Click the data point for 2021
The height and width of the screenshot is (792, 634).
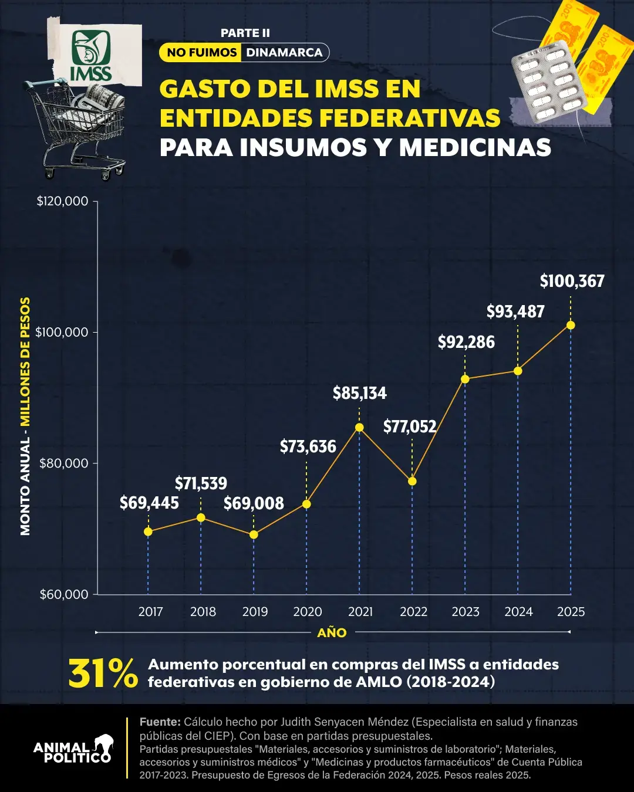pos(359,427)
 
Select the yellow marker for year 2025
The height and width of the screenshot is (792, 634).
pos(570,325)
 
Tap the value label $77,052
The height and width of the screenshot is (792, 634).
pos(410,427)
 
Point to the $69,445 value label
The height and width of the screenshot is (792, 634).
pos(149,503)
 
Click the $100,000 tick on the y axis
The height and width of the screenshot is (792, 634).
pos(62,332)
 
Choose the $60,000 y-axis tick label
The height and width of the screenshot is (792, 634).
pos(63,594)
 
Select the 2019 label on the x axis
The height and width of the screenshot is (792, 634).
pos(255,611)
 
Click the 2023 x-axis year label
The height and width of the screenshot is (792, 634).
pos(466,611)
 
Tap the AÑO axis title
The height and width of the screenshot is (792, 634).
pos(332,632)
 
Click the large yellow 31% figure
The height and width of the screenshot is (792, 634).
pos(103,673)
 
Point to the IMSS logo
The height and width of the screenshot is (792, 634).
pos(91,56)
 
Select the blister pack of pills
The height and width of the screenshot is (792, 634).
pos(549,82)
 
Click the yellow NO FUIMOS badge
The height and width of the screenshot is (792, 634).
pos(201,52)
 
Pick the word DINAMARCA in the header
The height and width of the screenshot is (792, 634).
pos(284,52)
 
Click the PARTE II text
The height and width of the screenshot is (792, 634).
pos(245,33)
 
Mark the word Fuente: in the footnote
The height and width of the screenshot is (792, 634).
pos(160,722)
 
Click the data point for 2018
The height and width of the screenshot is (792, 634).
pos(201,517)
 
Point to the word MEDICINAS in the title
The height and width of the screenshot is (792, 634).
pos(475,147)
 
